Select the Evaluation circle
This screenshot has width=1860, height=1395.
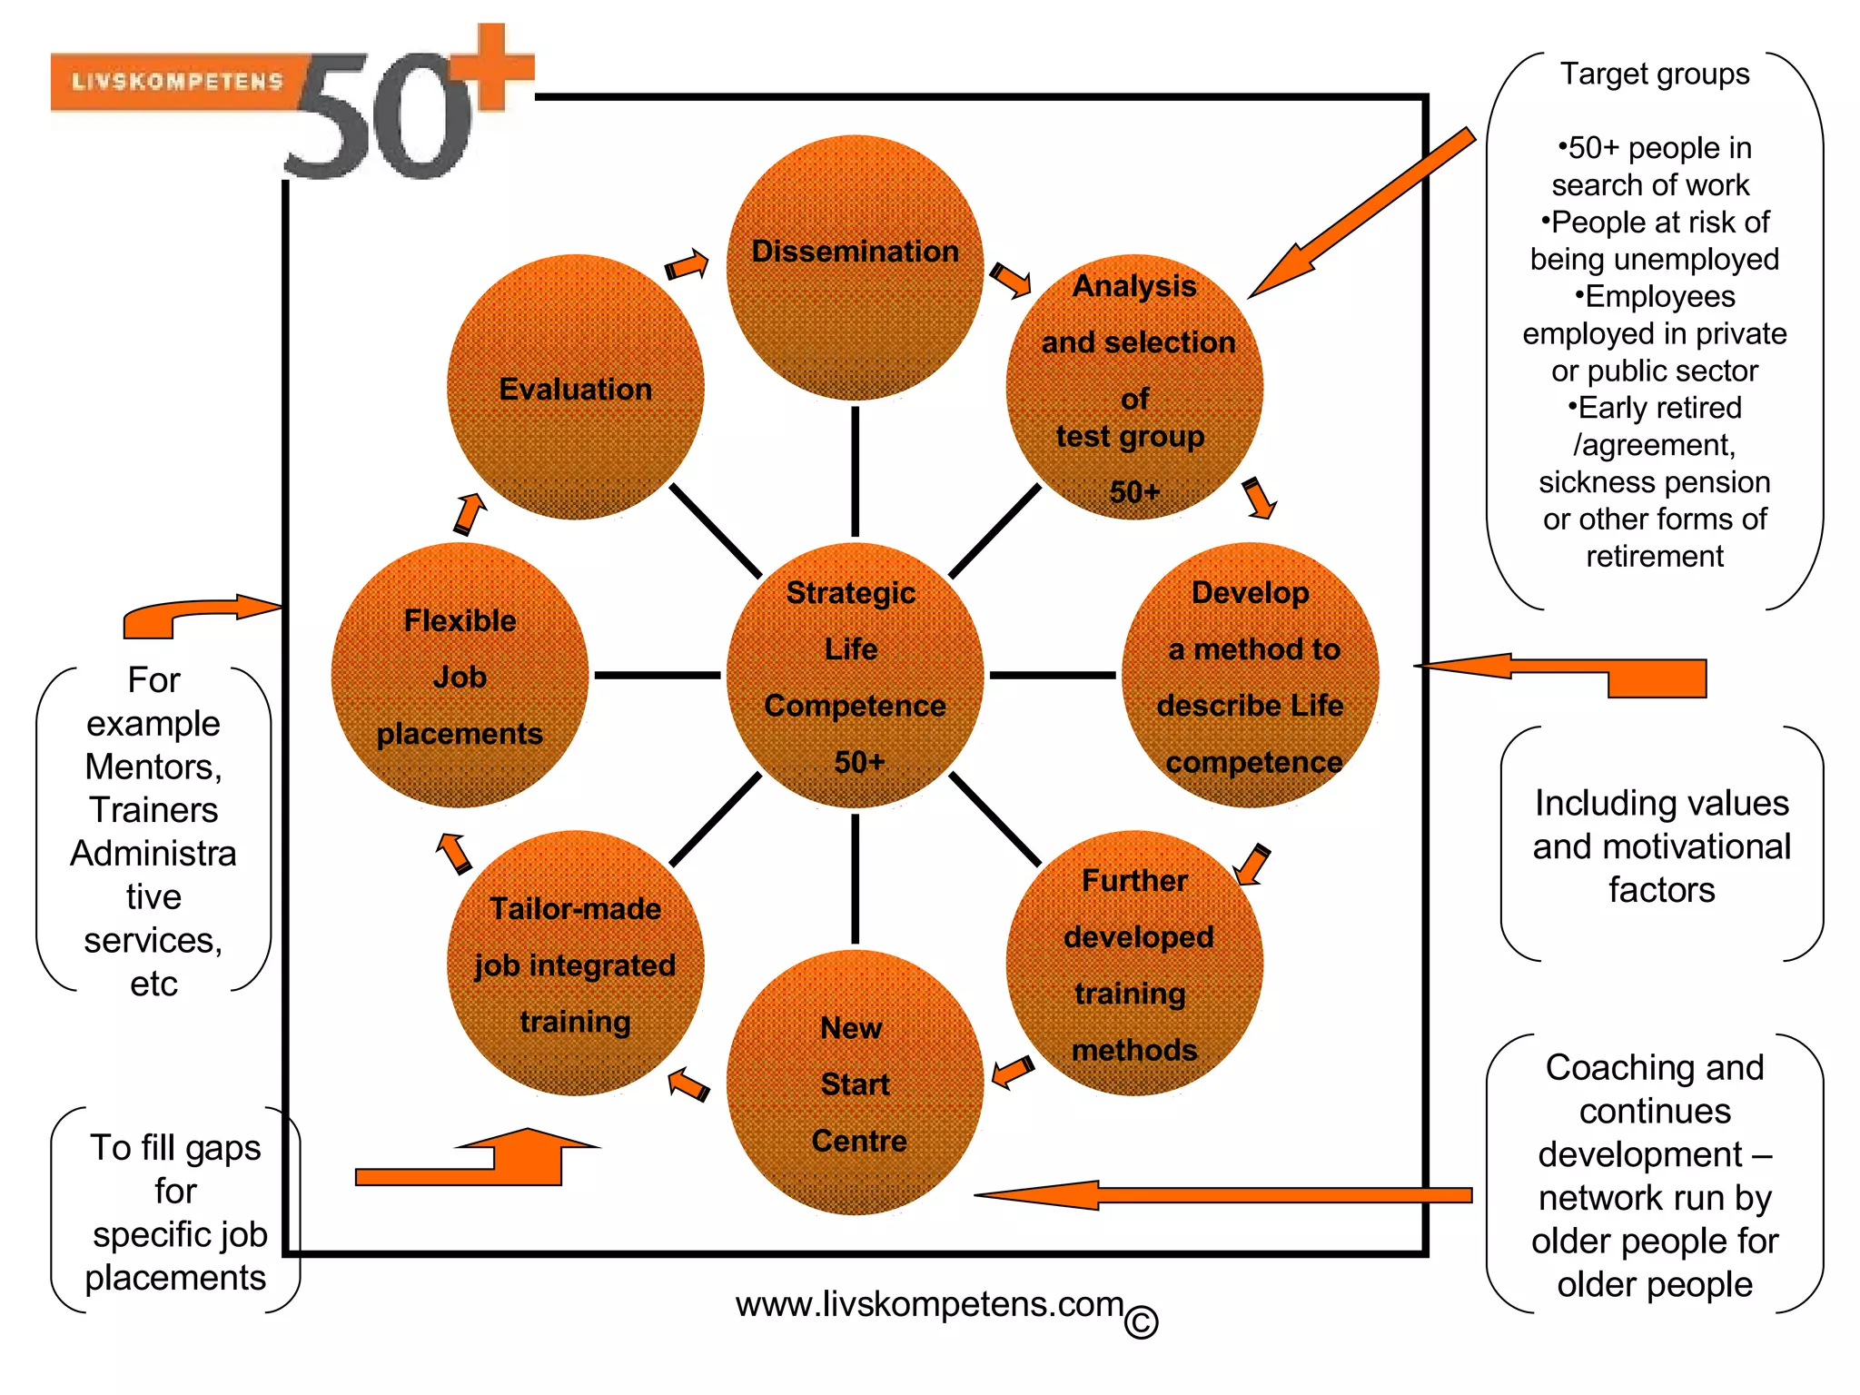[576, 388]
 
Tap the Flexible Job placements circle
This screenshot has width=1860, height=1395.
[460, 676]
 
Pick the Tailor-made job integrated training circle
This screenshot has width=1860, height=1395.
[576, 964]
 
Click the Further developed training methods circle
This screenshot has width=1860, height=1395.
[1134, 964]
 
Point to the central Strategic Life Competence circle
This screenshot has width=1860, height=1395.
[855, 676]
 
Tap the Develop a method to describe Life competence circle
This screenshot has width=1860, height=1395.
[1251, 676]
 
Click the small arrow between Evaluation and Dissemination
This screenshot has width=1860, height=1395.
[687, 265]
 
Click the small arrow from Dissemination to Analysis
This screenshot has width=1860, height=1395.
[1010, 280]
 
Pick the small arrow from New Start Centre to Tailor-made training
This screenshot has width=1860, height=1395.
[688, 1084]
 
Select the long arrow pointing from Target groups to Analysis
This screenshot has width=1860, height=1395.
[1362, 214]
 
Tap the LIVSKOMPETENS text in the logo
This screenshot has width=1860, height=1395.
[178, 82]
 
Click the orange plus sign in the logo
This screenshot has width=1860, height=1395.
[493, 68]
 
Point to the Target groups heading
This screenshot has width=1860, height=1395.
[1655, 74]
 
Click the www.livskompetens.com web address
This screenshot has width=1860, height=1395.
[929, 1304]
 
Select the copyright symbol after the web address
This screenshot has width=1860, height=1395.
[1142, 1321]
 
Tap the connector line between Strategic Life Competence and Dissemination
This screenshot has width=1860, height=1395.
[855, 470]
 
